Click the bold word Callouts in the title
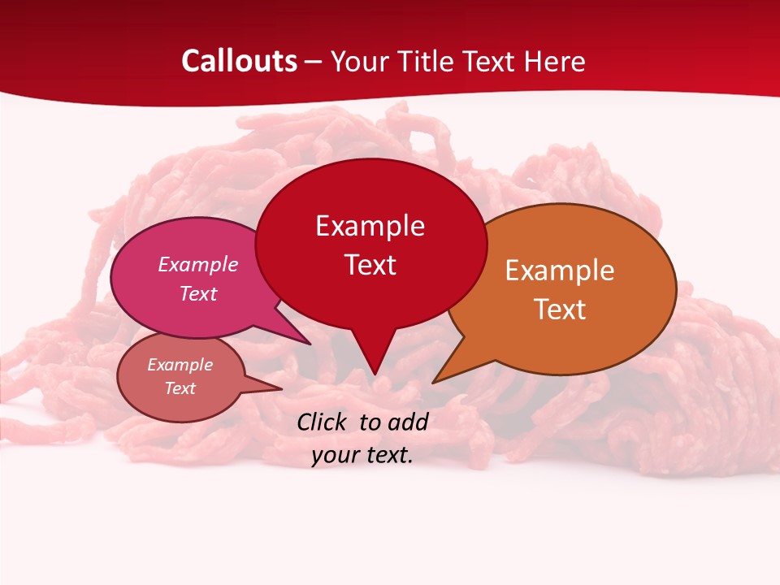coord(239,61)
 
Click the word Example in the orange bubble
coord(560,271)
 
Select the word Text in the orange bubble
coord(560,309)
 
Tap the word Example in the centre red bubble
coord(370,226)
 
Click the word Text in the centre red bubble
coord(370,264)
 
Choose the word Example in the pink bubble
coord(198,264)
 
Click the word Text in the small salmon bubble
coord(180,388)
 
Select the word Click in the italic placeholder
coord(323,422)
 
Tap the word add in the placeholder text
coord(407,422)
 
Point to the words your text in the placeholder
coord(362,455)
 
